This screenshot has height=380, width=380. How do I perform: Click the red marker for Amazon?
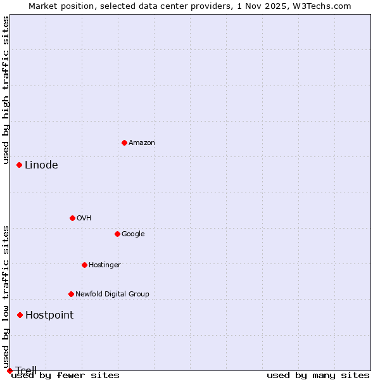(x=124, y=142)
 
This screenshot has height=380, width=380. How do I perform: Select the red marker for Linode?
(x=20, y=165)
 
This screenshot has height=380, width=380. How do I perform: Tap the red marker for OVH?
(x=72, y=218)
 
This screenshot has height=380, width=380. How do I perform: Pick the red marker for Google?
(x=117, y=234)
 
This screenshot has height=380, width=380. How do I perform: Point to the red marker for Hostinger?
(x=84, y=265)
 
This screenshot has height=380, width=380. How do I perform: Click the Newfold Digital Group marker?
(x=71, y=294)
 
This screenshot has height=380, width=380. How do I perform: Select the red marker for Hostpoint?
(x=20, y=315)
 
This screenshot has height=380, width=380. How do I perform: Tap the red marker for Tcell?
(x=9, y=370)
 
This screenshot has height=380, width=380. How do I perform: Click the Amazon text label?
(x=142, y=143)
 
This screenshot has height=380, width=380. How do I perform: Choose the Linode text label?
(x=41, y=165)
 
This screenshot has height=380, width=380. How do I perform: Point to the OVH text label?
(x=84, y=218)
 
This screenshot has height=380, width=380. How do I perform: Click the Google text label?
(x=133, y=234)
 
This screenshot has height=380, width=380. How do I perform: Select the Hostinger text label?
(x=104, y=265)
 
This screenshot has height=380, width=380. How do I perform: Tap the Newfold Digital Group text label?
(x=112, y=294)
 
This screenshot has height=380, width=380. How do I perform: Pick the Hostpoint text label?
(x=49, y=315)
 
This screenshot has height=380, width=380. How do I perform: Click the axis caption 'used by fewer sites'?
(x=65, y=376)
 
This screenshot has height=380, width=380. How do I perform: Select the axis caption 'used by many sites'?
(x=318, y=376)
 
